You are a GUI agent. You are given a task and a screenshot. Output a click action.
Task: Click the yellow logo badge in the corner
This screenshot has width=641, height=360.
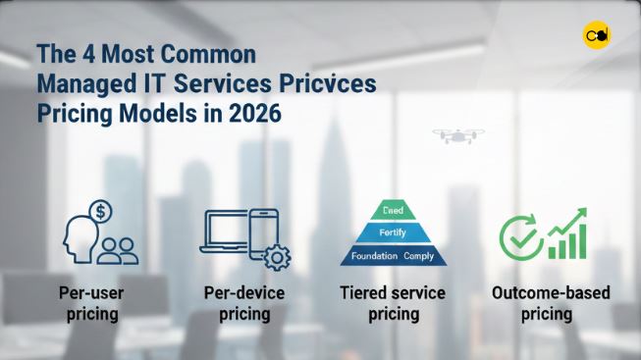[x=596, y=37]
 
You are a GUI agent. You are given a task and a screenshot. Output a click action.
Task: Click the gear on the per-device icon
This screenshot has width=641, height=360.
[x=278, y=258]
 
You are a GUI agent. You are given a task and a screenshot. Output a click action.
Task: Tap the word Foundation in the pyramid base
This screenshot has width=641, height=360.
[x=371, y=257]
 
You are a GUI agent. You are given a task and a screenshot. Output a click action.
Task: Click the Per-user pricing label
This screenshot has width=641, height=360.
[x=91, y=303]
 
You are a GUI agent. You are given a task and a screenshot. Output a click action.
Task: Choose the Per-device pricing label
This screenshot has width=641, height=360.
[x=244, y=303]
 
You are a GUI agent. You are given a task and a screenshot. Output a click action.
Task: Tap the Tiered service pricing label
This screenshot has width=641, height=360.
[x=392, y=303]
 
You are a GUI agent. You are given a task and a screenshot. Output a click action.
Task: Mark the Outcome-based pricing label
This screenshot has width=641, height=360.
[x=546, y=303]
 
